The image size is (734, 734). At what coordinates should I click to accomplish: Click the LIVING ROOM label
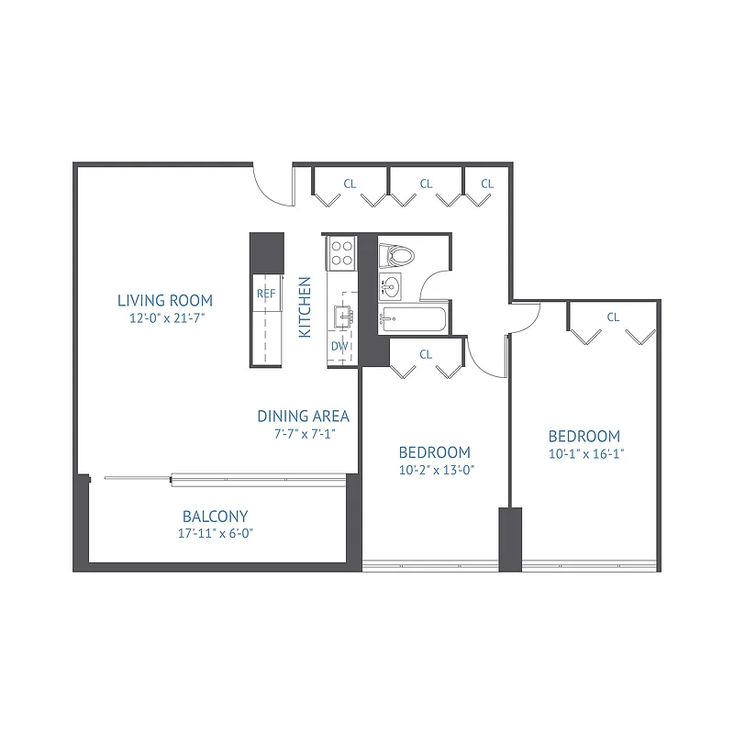[165, 300]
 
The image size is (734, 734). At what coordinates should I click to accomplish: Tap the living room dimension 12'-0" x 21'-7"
[165, 319]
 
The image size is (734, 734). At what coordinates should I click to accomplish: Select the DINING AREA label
[303, 416]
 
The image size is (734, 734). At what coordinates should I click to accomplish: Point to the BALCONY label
[215, 517]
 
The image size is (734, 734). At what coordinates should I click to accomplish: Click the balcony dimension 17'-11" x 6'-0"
[215, 533]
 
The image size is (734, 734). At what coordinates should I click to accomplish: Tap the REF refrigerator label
[266, 294]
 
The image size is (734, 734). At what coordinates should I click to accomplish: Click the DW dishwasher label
[339, 347]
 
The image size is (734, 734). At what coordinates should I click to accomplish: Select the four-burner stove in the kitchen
[342, 253]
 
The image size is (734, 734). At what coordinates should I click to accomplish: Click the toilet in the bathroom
[397, 254]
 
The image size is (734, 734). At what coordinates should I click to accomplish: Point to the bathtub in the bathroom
[414, 320]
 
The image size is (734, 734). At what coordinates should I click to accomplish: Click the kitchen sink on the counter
[345, 316]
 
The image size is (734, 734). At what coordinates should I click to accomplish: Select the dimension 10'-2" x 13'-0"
[435, 470]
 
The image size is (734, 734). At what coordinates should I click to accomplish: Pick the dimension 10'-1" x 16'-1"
[584, 453]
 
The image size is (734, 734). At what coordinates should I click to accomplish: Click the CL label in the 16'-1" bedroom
[613, 317]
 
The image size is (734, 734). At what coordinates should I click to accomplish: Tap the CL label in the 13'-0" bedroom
[426, 354]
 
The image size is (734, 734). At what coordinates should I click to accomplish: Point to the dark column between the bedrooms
[510, 539]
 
